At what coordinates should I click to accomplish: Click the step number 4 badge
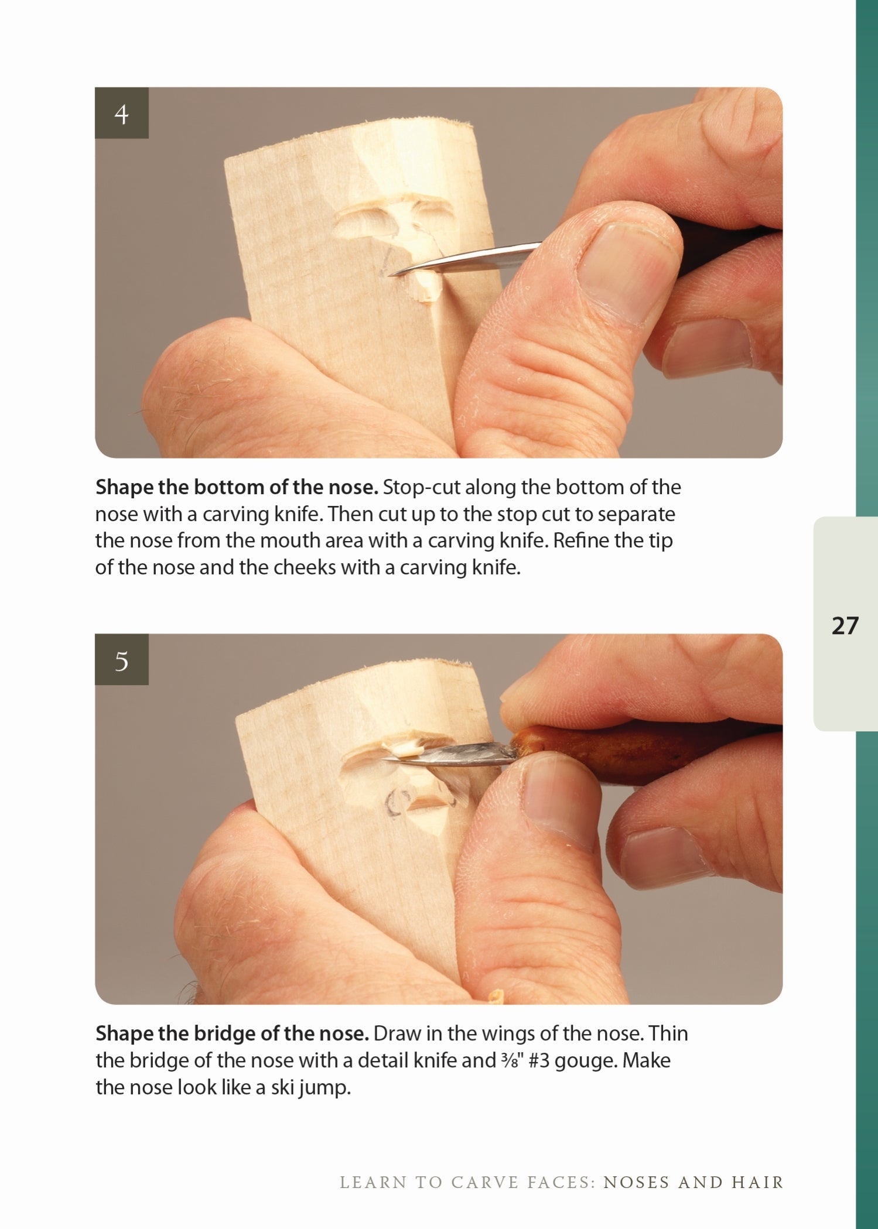121,113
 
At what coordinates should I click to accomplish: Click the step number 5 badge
121,660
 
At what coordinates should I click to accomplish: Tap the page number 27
845,625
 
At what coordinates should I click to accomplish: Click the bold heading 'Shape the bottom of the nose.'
237,487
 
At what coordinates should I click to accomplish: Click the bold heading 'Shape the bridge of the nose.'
232,1033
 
